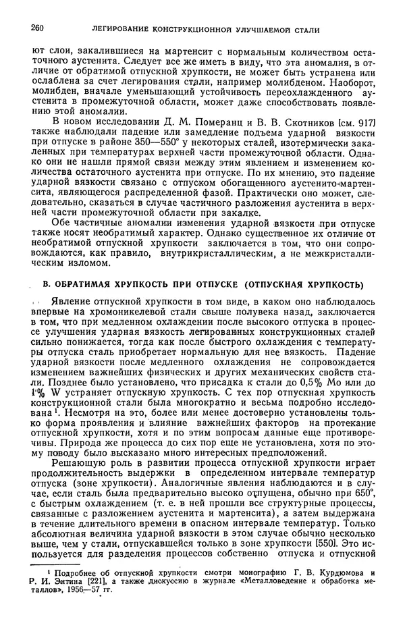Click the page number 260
coord(38,28)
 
